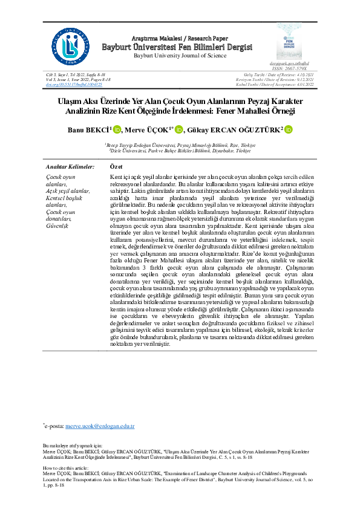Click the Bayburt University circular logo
(73, 44)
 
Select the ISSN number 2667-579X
(295, 68)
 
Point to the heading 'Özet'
(117, 166)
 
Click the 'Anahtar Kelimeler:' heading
(70, 166)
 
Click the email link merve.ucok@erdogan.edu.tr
(99, 426)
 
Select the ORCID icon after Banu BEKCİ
(117, 129)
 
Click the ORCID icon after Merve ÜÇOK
(179, 129)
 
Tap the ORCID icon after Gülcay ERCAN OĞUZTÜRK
(289, 129)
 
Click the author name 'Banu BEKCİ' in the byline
(89, 129)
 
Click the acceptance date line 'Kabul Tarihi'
(288, 84)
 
